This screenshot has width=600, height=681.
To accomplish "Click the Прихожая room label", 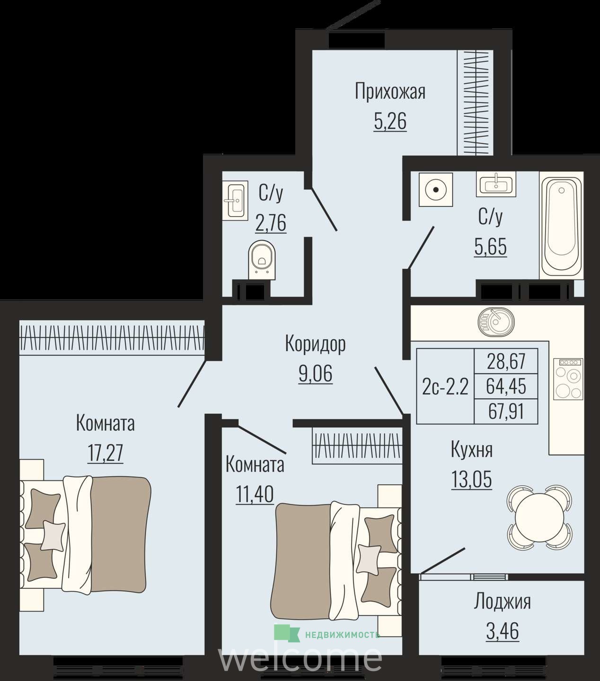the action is point(390,92).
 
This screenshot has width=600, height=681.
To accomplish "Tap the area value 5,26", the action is point(390,122).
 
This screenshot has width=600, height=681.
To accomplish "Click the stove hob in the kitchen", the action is point(568,379).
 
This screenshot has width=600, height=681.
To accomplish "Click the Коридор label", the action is point(316,344).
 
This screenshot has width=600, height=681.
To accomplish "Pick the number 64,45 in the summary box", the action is point(506,386).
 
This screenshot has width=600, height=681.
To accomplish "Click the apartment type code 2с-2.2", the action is point(445,387).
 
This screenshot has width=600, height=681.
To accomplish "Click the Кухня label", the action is point(471,450).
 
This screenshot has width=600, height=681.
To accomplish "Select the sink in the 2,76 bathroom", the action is point(235,201).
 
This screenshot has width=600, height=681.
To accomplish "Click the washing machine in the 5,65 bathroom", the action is point(436,190).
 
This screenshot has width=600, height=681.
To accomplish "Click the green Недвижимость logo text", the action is point(342,635).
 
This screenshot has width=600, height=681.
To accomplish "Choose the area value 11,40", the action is point(255,494).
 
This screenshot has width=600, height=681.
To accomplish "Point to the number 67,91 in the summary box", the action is point(506,411).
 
